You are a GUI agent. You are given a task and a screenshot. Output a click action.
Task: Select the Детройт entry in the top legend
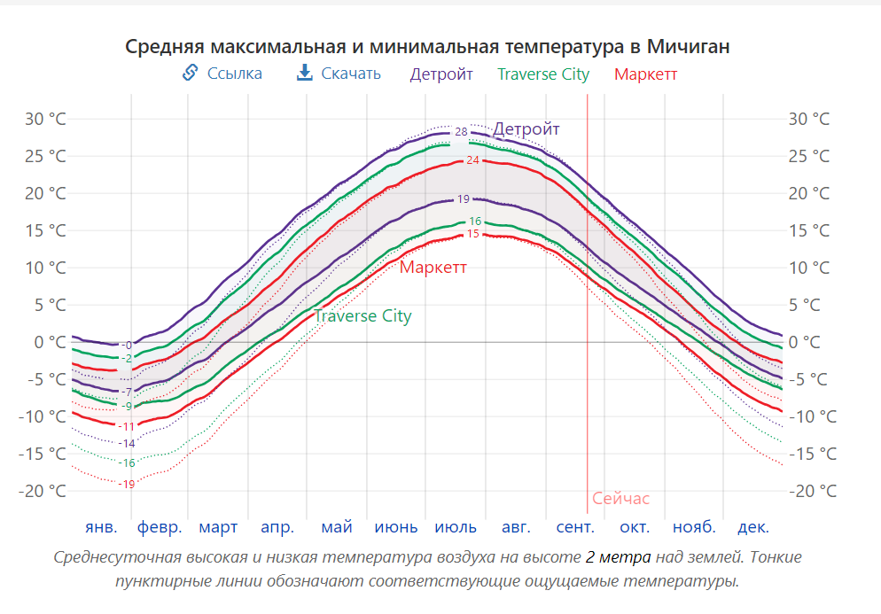tap(441, 74)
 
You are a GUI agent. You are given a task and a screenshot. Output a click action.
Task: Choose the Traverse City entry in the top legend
tap(543, 74)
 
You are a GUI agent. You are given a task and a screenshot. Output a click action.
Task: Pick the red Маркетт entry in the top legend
tap(645, 74)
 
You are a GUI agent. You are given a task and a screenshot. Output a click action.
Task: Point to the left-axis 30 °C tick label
tap(45, 119)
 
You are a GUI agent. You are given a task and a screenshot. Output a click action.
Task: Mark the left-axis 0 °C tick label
tap(51, 342)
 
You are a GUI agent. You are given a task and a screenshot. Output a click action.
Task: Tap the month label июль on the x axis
tap(456, 528)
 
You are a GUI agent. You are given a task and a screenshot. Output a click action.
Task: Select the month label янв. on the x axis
tap(101, 528)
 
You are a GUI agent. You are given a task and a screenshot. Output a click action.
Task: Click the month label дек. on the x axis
tap(753, 528)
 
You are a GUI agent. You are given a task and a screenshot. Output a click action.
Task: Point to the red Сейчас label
tap(620, 499)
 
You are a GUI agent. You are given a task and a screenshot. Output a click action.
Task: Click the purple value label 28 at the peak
tap(461, 132)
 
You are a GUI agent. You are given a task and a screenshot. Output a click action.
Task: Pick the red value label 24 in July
tap(472, 160)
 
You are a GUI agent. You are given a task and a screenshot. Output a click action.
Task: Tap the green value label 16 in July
tap(475, 222)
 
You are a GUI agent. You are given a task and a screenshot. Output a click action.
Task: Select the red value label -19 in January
tap(128, 484)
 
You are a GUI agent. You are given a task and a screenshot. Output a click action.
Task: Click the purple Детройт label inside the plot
tap(526, 129)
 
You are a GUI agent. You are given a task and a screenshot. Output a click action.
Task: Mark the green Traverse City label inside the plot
tap(363, 316)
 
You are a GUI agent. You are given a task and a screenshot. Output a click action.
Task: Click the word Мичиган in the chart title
tap(689, 46)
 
